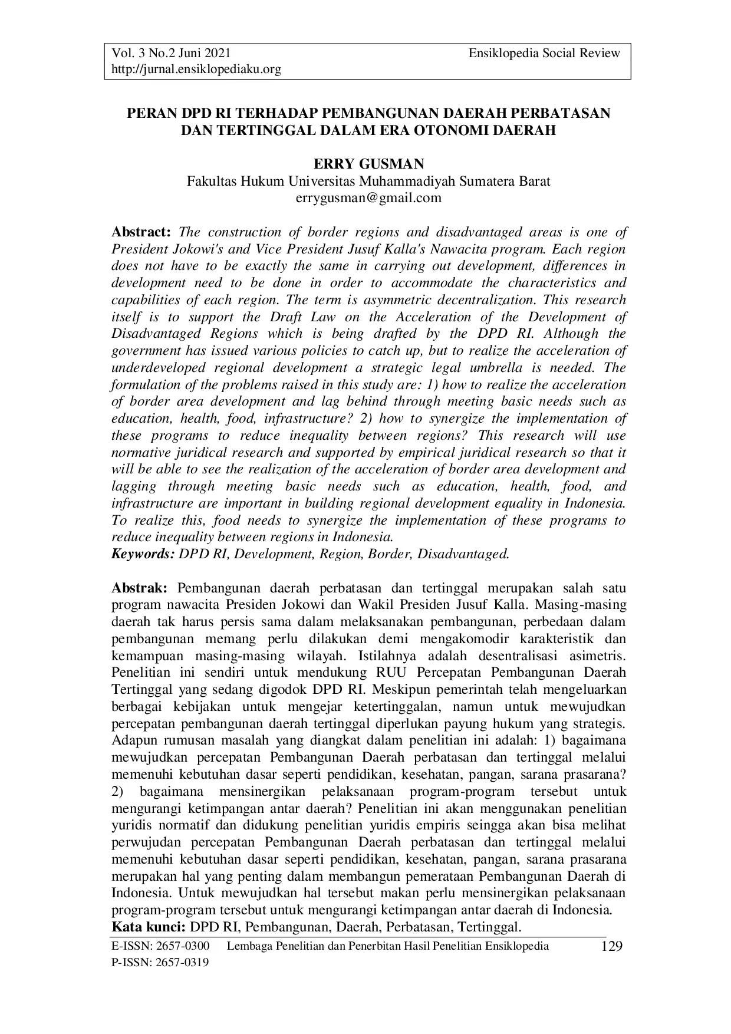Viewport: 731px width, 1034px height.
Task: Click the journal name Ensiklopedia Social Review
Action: (x=544, y=54)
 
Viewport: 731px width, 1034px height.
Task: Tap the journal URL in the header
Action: (x=196, y=70)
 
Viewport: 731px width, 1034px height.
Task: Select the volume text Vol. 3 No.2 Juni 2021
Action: (x=167, y=54)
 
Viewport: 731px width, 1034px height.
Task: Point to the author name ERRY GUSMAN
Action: (x=368, y=164)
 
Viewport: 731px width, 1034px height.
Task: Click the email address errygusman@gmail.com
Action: (x=368, y=198)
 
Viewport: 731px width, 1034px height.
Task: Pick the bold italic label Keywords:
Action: (x=143, y=555)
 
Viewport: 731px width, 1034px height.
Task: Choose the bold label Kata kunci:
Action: (x=149, y=927)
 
